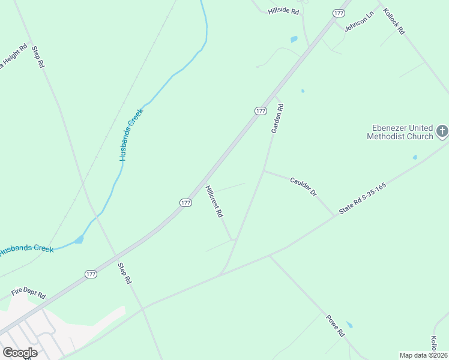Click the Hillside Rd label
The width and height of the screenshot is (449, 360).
284,11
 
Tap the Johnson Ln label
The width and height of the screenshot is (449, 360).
359,21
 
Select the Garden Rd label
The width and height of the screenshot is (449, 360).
277,118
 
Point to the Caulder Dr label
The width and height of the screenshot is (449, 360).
303,186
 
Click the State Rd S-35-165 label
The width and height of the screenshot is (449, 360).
362,199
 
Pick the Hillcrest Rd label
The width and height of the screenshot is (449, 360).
214,201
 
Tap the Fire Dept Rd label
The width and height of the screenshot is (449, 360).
29,294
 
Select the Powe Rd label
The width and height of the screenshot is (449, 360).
336,326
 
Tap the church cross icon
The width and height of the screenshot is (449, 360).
442,131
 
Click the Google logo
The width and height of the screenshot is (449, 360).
19,353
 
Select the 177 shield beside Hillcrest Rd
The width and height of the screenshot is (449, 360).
185,203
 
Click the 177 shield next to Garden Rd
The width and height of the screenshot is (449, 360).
260,111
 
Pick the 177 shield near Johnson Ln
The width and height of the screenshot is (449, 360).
339,13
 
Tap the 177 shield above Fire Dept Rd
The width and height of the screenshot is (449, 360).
91,274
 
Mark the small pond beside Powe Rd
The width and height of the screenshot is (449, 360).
349,325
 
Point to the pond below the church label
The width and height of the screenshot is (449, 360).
415,157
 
